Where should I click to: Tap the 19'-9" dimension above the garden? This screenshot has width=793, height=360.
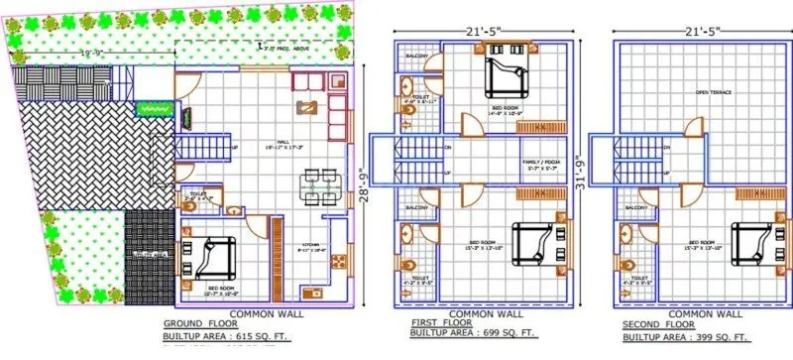pyautogui.click(x=94, y=53)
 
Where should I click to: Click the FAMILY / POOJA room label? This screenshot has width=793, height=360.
pyautogui.click(x=540, y=164)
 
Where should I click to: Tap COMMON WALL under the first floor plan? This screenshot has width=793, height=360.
pyautogui.click(x=484, y=314)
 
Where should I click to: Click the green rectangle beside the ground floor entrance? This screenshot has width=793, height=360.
pyautogui.click(x=150, y=105)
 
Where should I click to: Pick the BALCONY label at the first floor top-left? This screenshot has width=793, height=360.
pyautogui.click(x=415, y=56)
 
